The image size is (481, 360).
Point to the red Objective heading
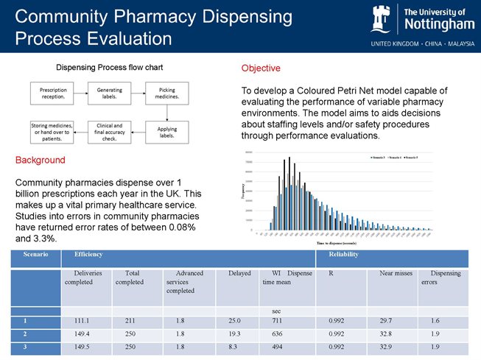click(261, 68)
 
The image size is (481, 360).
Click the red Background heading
click(41, 160)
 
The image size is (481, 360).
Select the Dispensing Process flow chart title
click(110, 67)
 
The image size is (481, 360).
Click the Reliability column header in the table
click(344, 254)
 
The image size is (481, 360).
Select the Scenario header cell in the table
click(36, 254)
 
